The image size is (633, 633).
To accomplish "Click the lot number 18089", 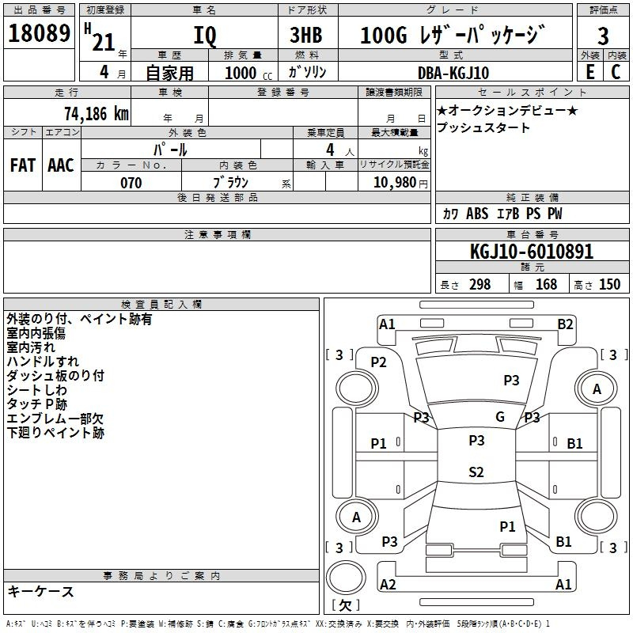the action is coord(39,33).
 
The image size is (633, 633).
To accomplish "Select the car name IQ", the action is coord(205,36).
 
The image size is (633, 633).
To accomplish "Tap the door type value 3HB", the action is coord(306,35).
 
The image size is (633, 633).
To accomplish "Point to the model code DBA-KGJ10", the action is coord(453,73).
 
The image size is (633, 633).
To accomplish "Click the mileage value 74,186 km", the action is coord(97,114).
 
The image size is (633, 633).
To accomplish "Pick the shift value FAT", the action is coord(23,165).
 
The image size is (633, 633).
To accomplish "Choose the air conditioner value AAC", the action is coord(61,165).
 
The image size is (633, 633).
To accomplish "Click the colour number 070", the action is coord(131,183).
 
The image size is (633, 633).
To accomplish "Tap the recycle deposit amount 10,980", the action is coord(395,183).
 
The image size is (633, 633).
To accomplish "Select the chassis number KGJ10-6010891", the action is coord(532,252).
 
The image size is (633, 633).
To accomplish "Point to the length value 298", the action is coord(480,285).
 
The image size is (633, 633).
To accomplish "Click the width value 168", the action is coord(546,285).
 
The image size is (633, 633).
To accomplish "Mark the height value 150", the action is coord(609,285).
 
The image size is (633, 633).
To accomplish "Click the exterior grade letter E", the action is coord(590,72).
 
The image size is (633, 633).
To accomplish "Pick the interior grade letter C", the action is coord(616,72).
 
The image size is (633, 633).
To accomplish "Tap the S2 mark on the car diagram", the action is coord(476,472).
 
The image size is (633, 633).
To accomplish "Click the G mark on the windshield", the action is coord(500,417).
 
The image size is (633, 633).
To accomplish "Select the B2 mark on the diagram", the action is coord(565,324).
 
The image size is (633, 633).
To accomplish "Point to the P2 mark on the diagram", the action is coord(379,362).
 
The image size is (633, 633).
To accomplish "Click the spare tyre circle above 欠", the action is coord(346,578).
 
